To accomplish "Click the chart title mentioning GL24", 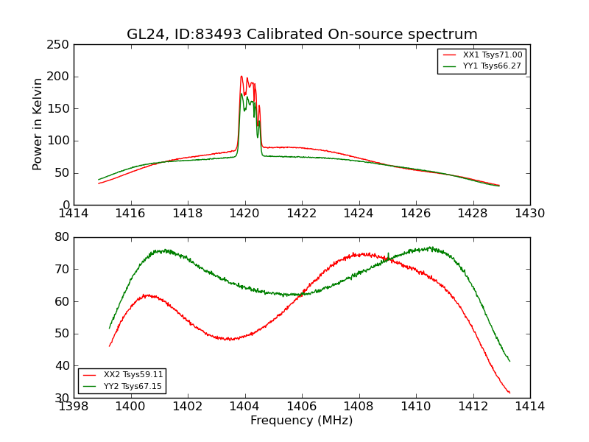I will tap(302, 35).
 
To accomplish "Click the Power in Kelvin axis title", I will tap(38, 124).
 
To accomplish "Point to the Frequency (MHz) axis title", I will tap(302, 421).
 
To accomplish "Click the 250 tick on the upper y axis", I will tap(61, 45).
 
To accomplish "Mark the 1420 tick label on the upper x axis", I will tap(245, 214).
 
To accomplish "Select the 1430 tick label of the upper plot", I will tap(530, 214).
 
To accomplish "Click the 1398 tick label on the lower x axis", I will tap(74, 407).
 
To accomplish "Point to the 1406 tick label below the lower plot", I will tap(302, 407).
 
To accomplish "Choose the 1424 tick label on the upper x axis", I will tap(359, 214).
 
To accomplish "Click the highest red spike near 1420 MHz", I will tap(241, 76).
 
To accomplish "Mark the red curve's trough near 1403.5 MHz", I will tap(230, 340).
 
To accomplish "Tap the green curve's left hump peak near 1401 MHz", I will tap(165, 250).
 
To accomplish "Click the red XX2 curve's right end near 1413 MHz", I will tap(509, 393).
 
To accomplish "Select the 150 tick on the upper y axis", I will tap(61, 109).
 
